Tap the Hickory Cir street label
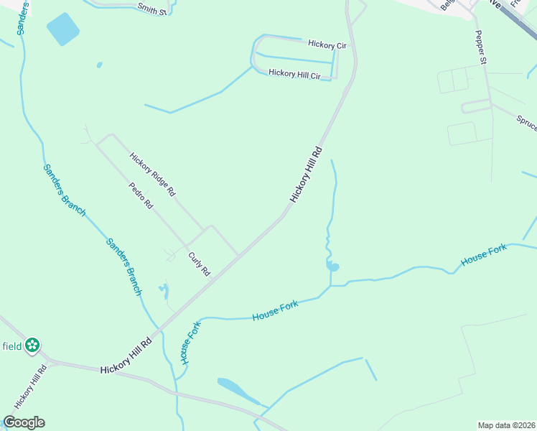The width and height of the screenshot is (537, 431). pyautogui.click(x=327, y=45)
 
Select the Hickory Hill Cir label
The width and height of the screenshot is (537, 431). pyautogui.click(x=294, y=74)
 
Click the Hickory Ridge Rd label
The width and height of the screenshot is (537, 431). pyautogui.click(x=152, y=174)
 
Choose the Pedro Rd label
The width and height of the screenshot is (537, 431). pyautogui.click(x=141, y=195)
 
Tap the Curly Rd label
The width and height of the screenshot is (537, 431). pyautogui.click(x=199, y=264)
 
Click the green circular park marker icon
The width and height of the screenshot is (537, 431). pyautogui.click(x=32, y=346)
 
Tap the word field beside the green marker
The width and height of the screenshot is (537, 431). pyautogui.click(x=11, y=346)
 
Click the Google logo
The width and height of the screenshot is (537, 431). pyautogui.click(x=24, y=422)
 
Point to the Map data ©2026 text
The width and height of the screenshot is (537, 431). pyautogui.click(x=506, y=425)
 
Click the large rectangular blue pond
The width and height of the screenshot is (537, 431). pyautogui.click(x=64, y=29)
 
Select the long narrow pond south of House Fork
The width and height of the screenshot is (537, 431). pyautogui.click(x=237, y=389)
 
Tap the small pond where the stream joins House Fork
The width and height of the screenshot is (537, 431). pyautogui.click(x=332, y=267)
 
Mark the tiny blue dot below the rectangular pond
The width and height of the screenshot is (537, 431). pyautogui.click(x=99, y=65)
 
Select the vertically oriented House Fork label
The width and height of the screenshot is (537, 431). pyautogui.click(x=189, y=342)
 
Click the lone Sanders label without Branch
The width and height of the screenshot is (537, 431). pyautogui.click(x=22, y=19)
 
